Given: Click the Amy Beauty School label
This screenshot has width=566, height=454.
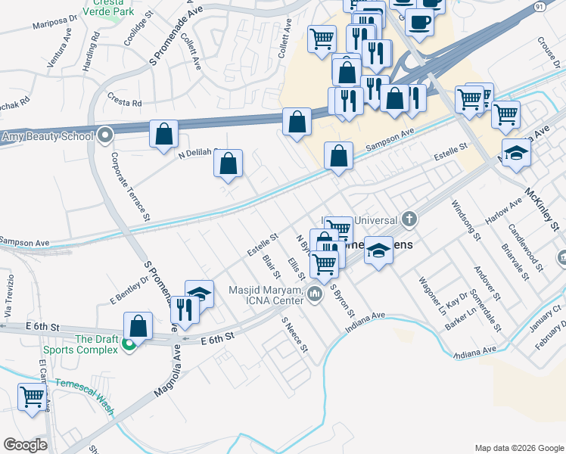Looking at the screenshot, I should coord(47,137).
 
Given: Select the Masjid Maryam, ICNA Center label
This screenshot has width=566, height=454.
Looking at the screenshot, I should coord(268,296).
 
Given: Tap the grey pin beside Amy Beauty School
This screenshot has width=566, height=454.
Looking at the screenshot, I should coord(105,136).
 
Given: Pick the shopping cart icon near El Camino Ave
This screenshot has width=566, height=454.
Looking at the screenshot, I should coord(32,396).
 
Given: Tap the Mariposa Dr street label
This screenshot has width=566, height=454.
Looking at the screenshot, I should coord(55,23).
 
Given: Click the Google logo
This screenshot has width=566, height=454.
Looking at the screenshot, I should coord(25,445).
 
